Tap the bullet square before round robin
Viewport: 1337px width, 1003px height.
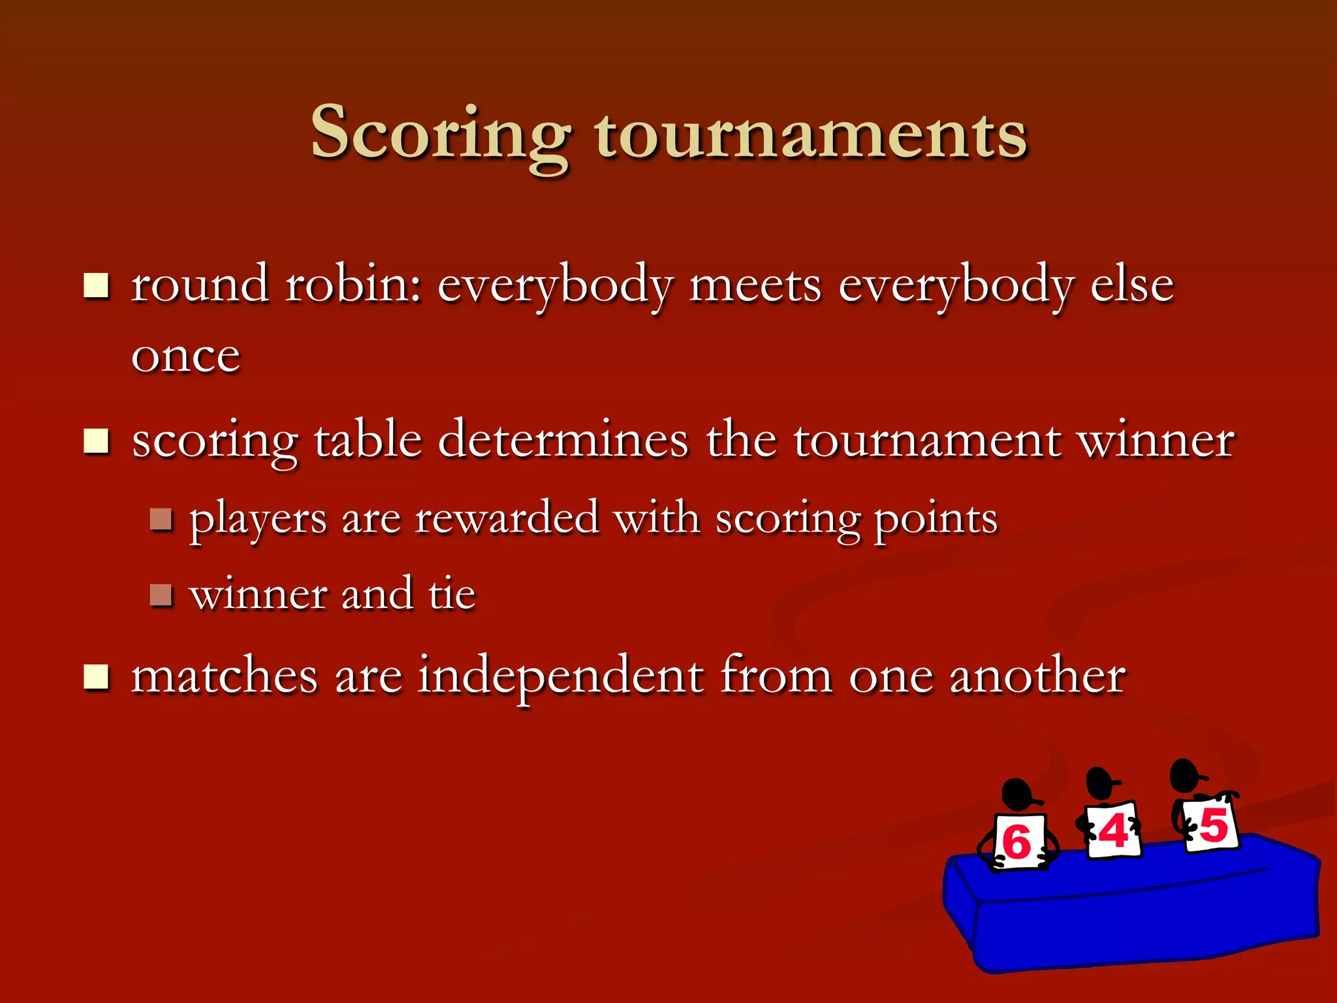click(x=97, y=285)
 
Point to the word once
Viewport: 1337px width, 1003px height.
click(x=186, y=357)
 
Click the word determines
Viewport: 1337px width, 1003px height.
click(x=563, y=439)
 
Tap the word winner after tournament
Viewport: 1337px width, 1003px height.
click(x=1156, y=441)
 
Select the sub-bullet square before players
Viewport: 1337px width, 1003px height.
click(x=161, y=520)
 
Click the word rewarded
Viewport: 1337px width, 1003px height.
click(x=507, y=519)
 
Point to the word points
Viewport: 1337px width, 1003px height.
click(x=936, y=520)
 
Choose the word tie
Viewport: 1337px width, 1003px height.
click(x=452, y=594)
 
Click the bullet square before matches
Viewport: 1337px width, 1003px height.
click(x=97, y=677)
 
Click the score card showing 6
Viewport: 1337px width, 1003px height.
click(x=1018, y=841)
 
